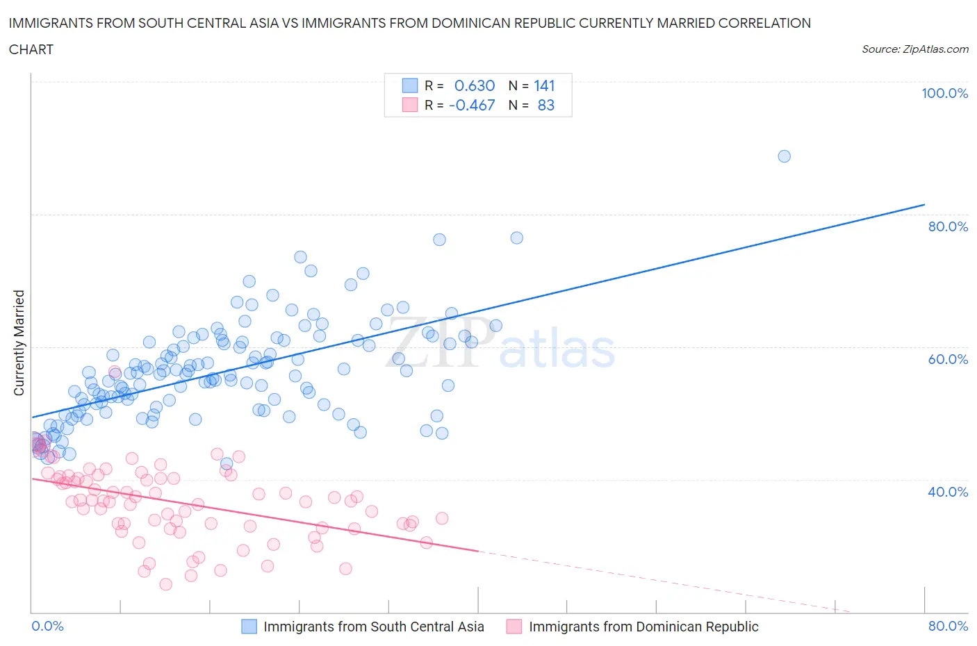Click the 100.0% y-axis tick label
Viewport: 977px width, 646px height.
[944, 94]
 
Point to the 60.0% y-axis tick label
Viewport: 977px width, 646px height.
[948, 359]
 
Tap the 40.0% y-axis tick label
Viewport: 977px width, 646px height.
[948, 492]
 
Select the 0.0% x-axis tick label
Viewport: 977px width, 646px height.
[48, 626]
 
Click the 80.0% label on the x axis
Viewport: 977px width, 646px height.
[948, 626]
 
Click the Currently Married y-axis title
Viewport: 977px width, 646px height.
[19, 343]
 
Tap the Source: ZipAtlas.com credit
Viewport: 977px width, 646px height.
[914, 49]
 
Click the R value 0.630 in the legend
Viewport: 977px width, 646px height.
[475, 85]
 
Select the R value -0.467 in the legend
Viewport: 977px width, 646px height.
[472, 105]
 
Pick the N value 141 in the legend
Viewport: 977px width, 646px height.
[544, 85]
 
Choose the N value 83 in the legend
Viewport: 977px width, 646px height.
[546, 105]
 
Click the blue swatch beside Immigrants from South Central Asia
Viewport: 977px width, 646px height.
[249, 627]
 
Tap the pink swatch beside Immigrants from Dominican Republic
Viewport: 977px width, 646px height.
[514, 627]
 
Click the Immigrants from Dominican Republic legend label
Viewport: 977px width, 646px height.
[643, 627]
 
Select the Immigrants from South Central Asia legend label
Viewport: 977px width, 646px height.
[374, 627]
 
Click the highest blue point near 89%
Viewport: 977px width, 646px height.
[784, 156]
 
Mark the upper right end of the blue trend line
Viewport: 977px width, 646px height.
[924, 205]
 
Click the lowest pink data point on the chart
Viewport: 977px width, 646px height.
[165, 584]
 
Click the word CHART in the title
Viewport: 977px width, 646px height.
[31, 49]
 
